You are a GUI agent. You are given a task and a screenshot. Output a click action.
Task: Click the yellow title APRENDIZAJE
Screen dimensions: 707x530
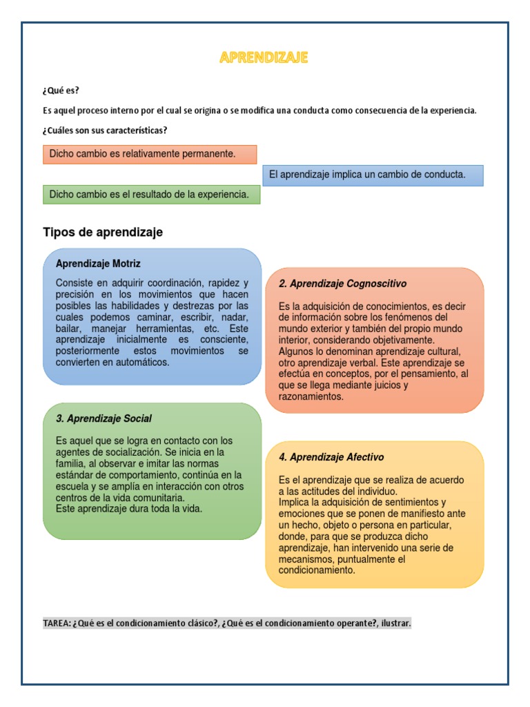click(x=264, y=58)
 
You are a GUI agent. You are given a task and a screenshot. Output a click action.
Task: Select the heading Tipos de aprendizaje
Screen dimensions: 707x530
click(x=103, y=233)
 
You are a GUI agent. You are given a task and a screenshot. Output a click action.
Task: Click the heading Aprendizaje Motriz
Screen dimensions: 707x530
click(x=98, y=264)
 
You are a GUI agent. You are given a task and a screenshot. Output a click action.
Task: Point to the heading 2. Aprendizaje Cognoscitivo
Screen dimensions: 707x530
click(x=342, y=284)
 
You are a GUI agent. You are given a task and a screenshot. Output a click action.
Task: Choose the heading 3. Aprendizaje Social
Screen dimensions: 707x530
click(x=104, y=418)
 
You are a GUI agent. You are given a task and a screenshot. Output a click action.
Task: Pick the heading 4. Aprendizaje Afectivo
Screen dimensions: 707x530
click(x=331, y=457)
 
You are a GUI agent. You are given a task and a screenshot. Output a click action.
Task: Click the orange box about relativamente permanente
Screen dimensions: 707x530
click(x=150, y=154)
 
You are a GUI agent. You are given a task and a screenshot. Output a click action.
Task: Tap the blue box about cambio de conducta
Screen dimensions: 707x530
click(x=373, y=175)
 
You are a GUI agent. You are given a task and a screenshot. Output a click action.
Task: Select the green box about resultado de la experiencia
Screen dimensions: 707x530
click(x=152, y=195)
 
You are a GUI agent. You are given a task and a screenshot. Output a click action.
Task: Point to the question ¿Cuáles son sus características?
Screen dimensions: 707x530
click(x=105, y=130)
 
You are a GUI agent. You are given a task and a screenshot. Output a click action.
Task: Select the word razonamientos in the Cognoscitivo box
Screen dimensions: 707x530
click(x=311, y=396)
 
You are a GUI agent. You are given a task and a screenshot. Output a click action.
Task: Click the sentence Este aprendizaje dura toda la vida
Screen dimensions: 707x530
click(x=128, y=509)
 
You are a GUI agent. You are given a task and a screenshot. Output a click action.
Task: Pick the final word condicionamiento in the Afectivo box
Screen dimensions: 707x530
click(x=317, y=570)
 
